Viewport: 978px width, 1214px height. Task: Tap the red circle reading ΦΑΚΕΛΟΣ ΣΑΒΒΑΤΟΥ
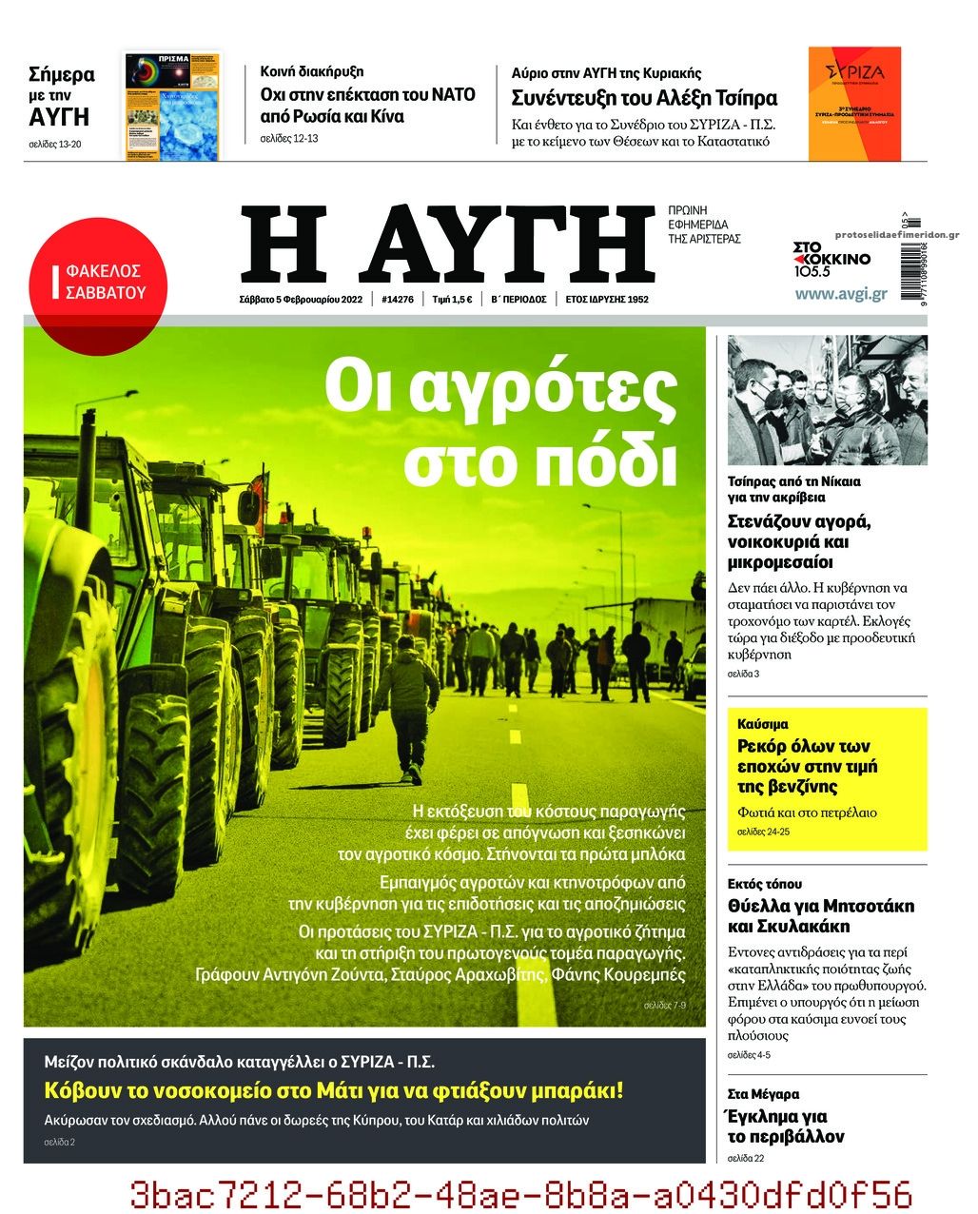[97, 283]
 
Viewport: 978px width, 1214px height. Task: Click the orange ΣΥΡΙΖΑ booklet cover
[853, 104]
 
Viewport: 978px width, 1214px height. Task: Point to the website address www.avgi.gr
[840, 294]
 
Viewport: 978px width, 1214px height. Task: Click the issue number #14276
[397, 299]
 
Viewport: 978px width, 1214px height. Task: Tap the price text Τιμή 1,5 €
[452, 299]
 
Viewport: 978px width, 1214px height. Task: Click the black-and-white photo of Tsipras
[827, 401]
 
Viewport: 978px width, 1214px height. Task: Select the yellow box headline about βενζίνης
[807, 766]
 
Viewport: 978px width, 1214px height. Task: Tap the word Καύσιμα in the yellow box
[763, 724]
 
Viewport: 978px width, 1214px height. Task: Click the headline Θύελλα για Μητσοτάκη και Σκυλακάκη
[820, 915]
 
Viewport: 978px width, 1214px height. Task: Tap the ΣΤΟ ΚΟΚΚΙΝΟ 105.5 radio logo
[831, 259]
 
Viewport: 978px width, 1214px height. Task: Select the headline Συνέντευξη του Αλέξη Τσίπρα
[644, 98]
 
